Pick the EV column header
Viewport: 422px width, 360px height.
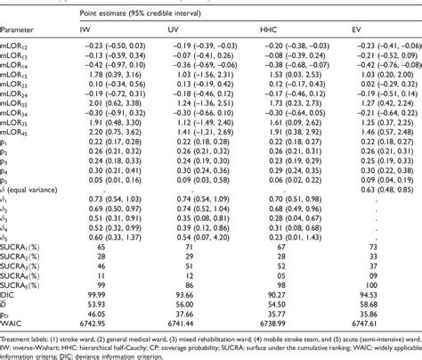357,29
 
